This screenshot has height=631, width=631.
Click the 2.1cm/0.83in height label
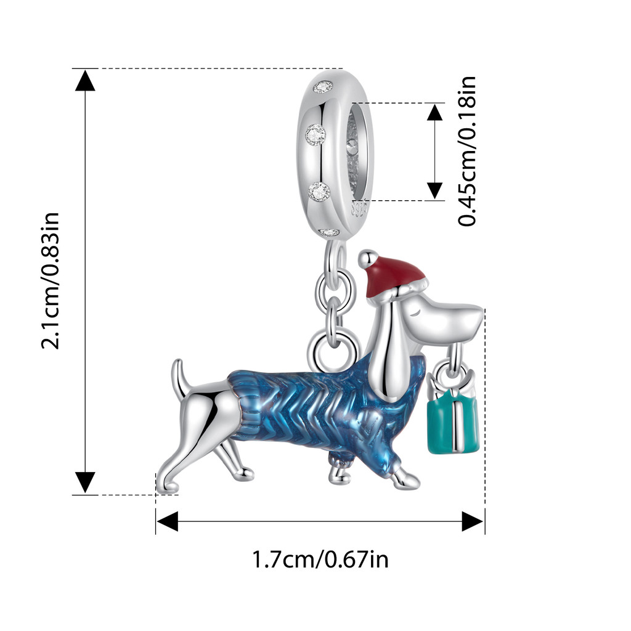tap(50, 280)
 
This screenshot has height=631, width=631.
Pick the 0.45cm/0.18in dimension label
tap(468, 151)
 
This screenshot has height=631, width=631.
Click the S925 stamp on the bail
tap(360, 210)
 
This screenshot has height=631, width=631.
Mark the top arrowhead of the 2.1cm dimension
tap(85, 81)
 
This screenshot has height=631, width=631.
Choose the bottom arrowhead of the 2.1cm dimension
tap(85, 482)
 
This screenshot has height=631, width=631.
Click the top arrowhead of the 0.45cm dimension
tap(435, 113)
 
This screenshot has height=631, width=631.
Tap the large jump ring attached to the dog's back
tap(333, 348)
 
